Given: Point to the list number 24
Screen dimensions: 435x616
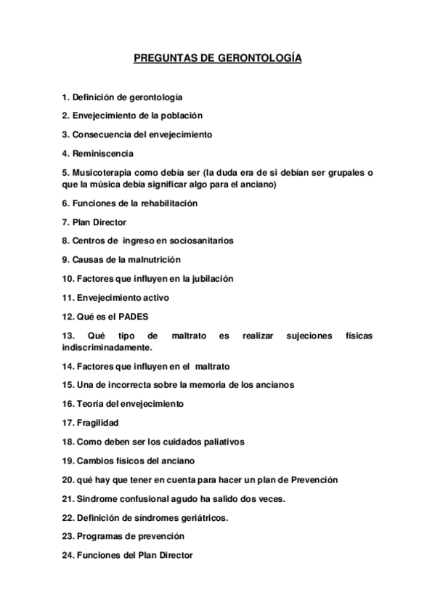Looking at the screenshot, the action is tap(68, 556).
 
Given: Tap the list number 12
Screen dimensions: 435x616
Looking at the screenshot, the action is tap(68, 317).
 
